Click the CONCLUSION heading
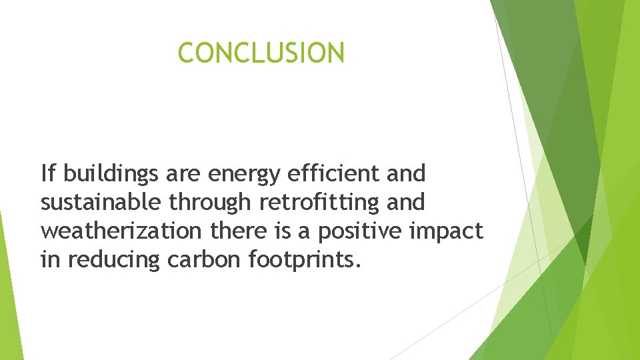(x=261, y=53)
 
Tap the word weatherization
(x=120, y=231)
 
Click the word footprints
(x=305, y=259)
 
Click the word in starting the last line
(x=49, y=259)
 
